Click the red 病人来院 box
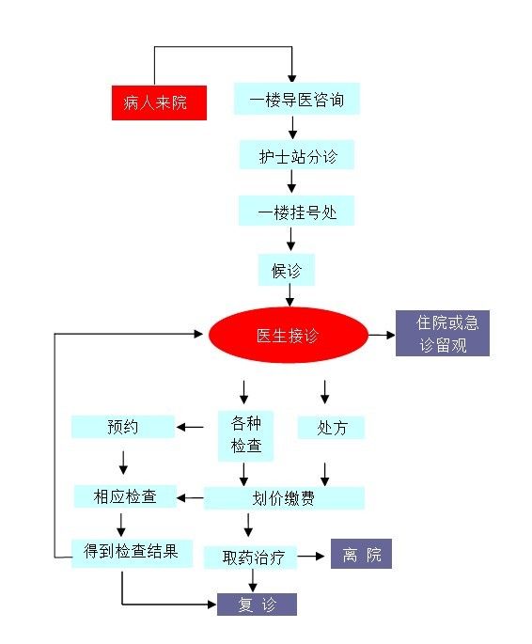coord(159,102)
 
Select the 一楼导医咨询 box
coord(297,99)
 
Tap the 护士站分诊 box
coord(296,154)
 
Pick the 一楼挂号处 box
coord(296,211)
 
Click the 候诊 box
coord(286,270)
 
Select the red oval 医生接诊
coord(289,335)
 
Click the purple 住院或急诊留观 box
coord(443,333)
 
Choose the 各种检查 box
coord(245,436)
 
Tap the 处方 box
coord(331,428)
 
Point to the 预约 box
coord(123,427)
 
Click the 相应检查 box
coord(125,496)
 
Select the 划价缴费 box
coord(284,498)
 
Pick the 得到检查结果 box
coord(132,553)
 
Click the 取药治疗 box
coord(250,558)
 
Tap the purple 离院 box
coord(361,554)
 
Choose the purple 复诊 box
coord(257,605)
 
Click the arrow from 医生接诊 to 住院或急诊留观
coord(382,335)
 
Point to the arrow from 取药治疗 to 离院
coord(311,557)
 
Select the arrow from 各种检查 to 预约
coord(190,427)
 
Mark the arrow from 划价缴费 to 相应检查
coord(190,498)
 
